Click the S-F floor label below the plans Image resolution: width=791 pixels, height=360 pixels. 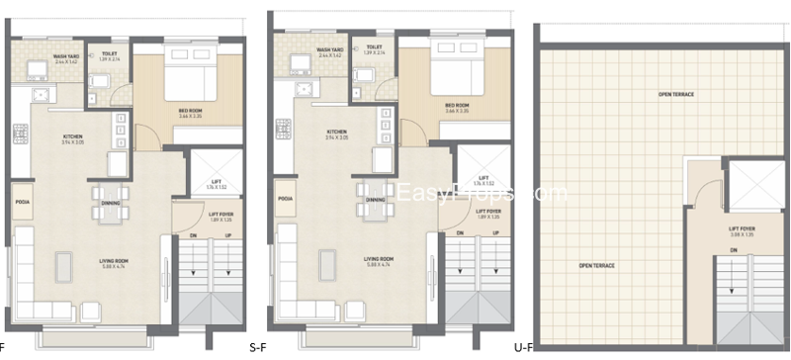tap(257, 348)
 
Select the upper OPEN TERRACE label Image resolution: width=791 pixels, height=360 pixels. tap(677, 95)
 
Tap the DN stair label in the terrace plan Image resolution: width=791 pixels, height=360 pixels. tap(734, 250)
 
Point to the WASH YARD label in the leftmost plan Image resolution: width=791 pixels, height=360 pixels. tap(66, 57)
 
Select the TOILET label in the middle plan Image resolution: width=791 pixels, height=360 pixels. tap(374, 47)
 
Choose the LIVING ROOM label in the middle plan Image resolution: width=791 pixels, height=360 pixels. tap(374, 261)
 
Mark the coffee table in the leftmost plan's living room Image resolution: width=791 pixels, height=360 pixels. tap(65, 264)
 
